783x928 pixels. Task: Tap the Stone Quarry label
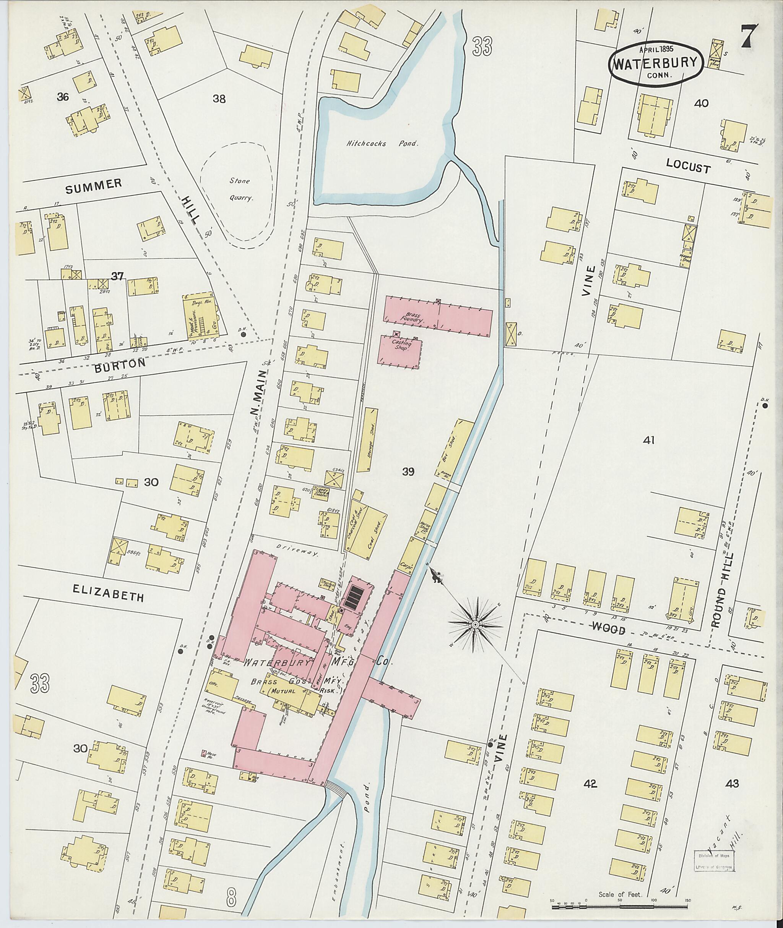pyautogui.click(x=240, y=189)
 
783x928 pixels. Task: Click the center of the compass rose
pyautogui.click(x=475, y=625)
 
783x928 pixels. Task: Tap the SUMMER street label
pyautogui.click(x=94, y=186)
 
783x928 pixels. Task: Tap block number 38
pyautogui.click(x=219, y=99)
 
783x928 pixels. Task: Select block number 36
pyautogui.click(x=63, y=97)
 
